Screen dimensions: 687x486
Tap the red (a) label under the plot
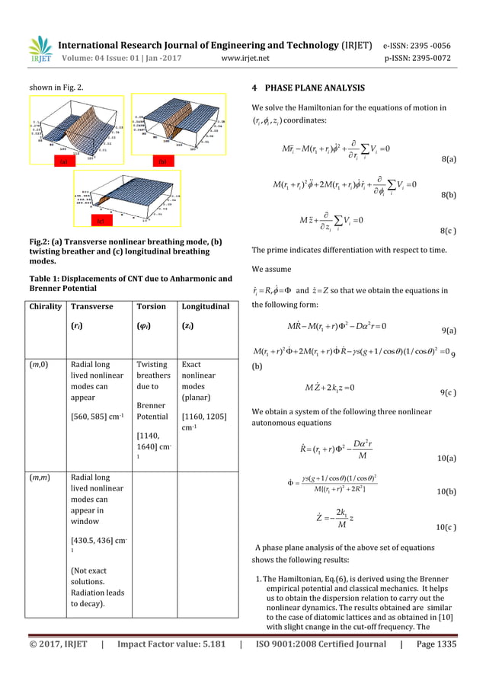pos(65,162)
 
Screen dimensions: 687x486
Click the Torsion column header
pos(151,307)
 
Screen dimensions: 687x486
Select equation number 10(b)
pos(447,493)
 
